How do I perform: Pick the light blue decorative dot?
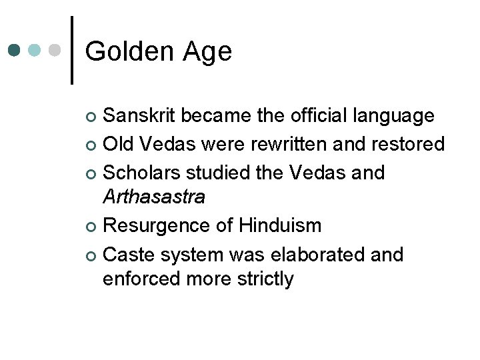pos(35,50)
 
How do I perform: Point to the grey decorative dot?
pos(56,50)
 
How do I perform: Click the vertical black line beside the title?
pos(71,50)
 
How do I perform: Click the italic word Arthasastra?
pos(153,197)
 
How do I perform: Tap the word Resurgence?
pos(157,225)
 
